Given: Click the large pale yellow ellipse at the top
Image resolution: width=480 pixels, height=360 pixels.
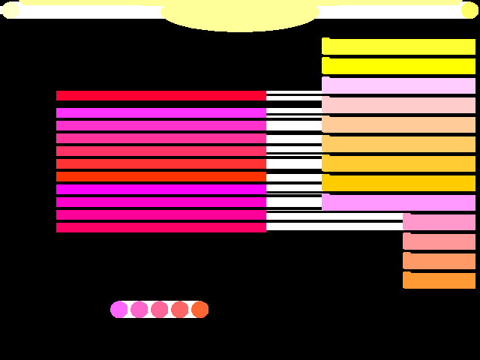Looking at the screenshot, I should [x=240, y=15].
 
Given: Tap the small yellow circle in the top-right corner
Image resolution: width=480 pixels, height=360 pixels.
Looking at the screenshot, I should [x=469, y=9].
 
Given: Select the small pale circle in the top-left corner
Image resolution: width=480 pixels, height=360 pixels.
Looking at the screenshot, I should [x=10, y=9].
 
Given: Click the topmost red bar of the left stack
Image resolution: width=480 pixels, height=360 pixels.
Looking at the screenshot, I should [x=161, y=95].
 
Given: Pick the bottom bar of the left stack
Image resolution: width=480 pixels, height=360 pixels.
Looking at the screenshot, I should [x=161, y=227].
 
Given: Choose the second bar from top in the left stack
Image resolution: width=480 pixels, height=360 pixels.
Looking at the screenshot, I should [x=161, y=112].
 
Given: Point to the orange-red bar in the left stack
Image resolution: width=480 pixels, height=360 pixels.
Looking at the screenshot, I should [x=161, y=176].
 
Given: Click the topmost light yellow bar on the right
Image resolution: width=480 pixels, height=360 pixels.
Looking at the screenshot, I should [x=399, y=46].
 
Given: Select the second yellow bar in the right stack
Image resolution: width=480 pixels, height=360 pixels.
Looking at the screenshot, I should [x=399, y=66].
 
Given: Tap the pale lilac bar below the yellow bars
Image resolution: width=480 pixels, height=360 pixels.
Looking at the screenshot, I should [x=399, y=85].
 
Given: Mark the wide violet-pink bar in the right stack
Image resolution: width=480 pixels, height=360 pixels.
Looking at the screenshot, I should [x=399, y=202].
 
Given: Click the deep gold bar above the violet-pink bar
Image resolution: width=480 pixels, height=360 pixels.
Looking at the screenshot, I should [x=399, y=183].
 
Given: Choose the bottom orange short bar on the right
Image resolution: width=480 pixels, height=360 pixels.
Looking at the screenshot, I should [x=439, y=280].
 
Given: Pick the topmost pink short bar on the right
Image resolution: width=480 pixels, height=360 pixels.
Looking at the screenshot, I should [x=439, y=222].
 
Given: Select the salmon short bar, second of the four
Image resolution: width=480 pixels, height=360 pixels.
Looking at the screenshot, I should [x=439, y=241].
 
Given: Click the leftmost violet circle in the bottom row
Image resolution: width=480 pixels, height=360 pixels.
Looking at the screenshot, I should [x=119, y=310].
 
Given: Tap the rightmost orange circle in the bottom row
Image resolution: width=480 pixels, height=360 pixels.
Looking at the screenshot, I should [x=199, y=310].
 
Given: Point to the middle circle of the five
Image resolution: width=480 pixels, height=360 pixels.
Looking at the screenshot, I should [x=160, y=310].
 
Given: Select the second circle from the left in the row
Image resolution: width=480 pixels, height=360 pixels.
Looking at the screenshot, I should [x=139, y=310].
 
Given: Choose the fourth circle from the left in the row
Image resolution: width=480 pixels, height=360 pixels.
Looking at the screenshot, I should [x=180, y=310].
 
